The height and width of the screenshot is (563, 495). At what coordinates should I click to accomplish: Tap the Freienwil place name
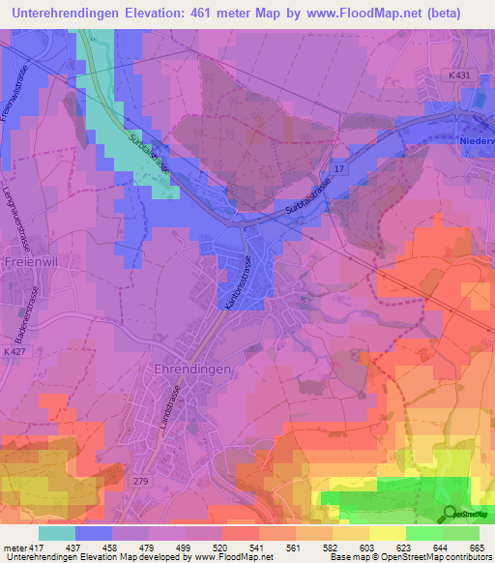point(31,262)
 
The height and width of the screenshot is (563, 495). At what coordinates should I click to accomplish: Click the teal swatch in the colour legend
point(57,533)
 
